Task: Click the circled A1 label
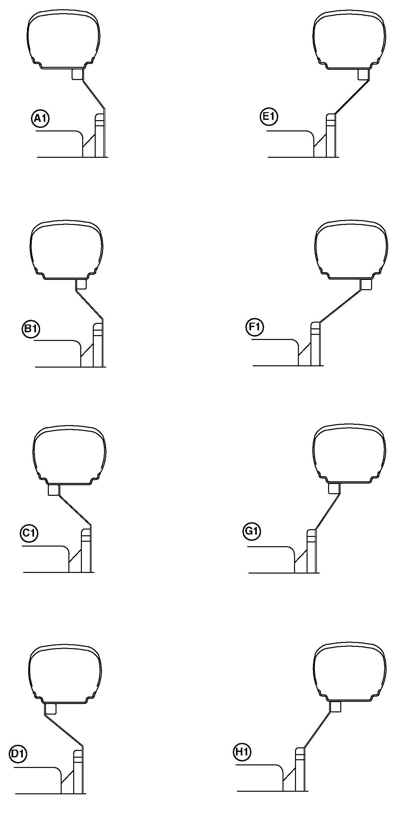coord(40,119)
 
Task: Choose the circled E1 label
coord(269,117)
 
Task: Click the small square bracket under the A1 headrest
coord(77,74)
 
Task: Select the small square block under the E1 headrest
coord(363,74)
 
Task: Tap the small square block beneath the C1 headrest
coord(54,490)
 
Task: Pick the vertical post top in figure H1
coord(300,752)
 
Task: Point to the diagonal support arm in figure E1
coord(352,96)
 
